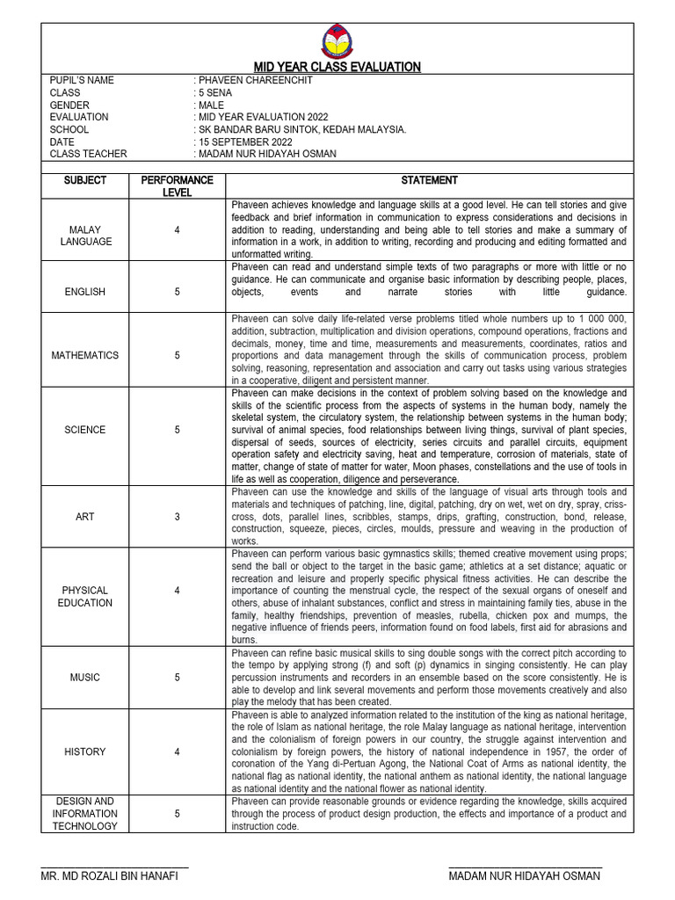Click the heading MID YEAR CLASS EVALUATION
337,67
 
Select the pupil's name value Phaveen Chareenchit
255,80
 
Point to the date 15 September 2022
244,142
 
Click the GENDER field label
69,105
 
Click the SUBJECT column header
85,180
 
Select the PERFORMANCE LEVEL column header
177,185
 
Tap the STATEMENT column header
429,180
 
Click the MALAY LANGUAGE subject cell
85,236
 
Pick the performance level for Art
177,517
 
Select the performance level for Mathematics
177,356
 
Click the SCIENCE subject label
85,430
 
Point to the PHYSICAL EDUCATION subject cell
85,597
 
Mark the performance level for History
177,751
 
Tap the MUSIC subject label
85,678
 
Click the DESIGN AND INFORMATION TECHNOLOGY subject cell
85,814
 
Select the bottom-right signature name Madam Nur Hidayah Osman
525,876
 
